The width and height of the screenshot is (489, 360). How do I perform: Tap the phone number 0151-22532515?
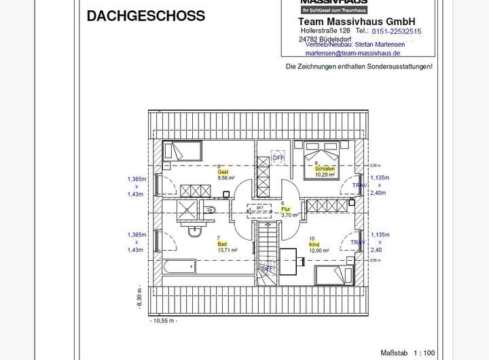click(x=397, y=31)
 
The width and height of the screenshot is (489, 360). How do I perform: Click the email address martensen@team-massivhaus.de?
click(x=352, y=53)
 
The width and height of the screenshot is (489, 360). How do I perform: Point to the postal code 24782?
click(x=310, y=39)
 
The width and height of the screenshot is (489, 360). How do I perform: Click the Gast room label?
click(x=223, y=173)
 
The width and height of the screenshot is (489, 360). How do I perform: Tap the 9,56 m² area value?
click(x=226, y=178)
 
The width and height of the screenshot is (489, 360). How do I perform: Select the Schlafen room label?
click(x=321, y=168)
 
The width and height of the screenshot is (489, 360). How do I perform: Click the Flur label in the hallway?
click(x=285, y=209)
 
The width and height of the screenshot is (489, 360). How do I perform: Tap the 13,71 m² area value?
click(x=227, y=250)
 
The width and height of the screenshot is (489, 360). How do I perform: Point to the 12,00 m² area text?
click(x=319, y=250)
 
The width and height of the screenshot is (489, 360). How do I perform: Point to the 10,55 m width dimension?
click(x=164, y=321)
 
